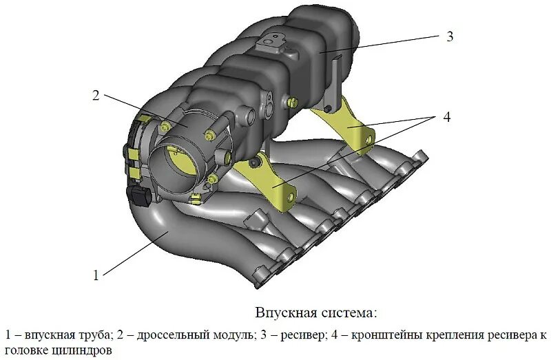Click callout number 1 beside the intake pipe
tap(96, 275)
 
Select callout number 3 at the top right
tap(450, 36)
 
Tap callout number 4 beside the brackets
tap(446, 117)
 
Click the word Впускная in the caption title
tap(285, 313)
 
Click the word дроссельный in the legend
tap(169, 336)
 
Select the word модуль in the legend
tap(228, 336)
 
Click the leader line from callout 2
tap(145, 110)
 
